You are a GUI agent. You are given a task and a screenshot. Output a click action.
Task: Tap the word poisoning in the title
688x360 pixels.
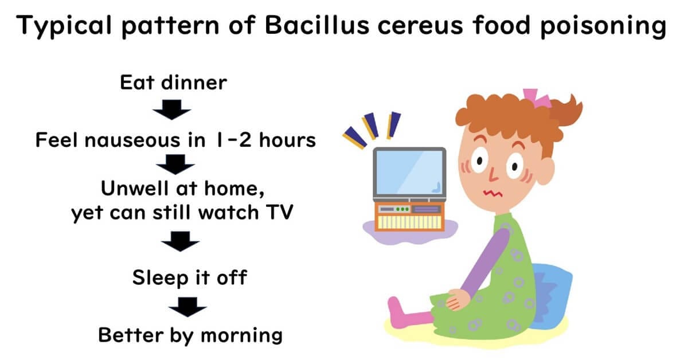click(x=603, y=27)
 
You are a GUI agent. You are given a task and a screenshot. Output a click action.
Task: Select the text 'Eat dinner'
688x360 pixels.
click(x=174, y=83)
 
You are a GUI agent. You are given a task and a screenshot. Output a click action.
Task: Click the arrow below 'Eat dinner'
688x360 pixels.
click(x=171, y=109)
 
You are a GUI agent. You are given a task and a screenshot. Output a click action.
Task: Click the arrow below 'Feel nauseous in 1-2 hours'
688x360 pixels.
click(x=175, y=165)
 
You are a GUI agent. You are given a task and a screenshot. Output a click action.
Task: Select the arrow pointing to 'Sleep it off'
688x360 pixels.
click(x=180, y=241)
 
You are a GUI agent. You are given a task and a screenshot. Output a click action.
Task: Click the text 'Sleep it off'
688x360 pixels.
click(x=190, y=278)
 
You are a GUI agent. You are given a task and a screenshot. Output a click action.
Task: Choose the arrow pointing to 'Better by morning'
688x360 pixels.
click(x=187, y=307)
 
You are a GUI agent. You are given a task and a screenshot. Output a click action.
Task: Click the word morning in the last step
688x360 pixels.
click(x=242, y=335)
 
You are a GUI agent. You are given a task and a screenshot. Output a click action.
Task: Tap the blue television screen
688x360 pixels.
click(x=410, y=173)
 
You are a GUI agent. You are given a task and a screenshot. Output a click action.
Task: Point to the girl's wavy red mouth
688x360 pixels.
click(x=493, y=193)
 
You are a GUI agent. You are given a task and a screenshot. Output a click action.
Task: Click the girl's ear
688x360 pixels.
click(x=545, y=171)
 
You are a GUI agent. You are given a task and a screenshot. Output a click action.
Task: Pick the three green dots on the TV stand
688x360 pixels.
click(x=402, y=209)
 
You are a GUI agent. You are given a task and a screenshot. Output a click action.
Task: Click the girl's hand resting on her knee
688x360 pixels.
click(x=458, y=299)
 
